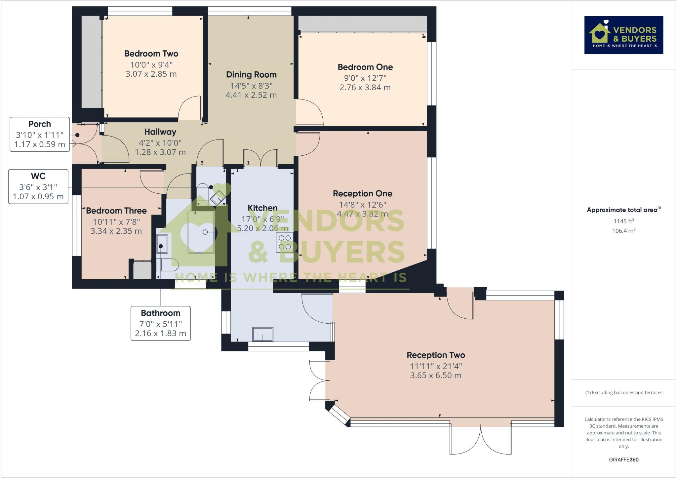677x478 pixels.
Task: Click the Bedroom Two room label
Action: coord(151,54)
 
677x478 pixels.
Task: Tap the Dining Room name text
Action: coord(251,75)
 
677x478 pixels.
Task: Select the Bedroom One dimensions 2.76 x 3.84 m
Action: coord(365,88)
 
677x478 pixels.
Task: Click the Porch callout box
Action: coord(40,134)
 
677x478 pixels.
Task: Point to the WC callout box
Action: coord(38,186)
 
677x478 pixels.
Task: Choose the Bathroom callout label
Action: coord(161,323)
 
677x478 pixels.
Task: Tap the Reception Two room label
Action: coord(436,355)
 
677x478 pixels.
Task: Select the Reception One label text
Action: coord(362,194)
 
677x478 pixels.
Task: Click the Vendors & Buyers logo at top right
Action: coord(623,35)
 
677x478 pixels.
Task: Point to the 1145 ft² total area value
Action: coord(623,221)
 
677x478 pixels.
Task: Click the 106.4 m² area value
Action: coord(623,231)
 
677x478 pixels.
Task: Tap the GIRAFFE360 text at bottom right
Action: coord(623,459)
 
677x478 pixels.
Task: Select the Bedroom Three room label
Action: coord(116,211)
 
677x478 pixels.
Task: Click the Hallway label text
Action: coord(160,132)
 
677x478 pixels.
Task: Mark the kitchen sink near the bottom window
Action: coord(263,334)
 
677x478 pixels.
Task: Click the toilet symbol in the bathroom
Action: coord(168,264)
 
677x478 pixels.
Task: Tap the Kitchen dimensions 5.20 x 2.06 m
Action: coord(263,228)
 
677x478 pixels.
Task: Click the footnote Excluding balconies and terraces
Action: coord(623,393)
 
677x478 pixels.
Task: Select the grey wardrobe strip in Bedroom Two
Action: coord(92,62)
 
